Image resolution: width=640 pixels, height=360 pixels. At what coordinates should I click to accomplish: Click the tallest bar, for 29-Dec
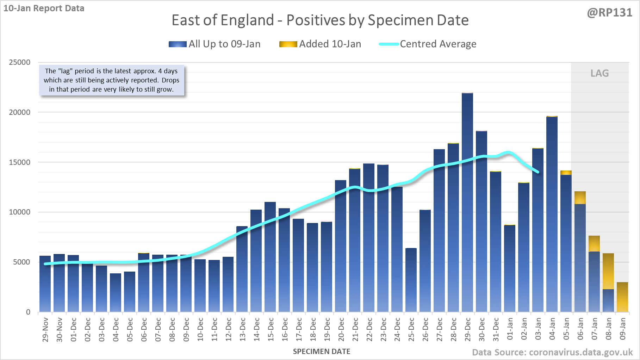(x=467, y=203)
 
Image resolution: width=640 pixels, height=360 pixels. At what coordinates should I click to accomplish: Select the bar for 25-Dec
(x=411, y=280)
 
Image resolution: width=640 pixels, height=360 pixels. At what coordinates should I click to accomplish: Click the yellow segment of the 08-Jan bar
(x=608, y=271)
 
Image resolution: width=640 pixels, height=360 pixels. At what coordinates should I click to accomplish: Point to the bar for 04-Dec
(x=116, y=292)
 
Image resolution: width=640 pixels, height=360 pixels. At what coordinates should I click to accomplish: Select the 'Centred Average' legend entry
(x=428, y=44)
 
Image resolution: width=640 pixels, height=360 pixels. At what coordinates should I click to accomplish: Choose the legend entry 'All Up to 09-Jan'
(x=215, y=44)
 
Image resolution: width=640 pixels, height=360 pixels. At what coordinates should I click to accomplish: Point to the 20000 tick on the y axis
(x=20, y=112)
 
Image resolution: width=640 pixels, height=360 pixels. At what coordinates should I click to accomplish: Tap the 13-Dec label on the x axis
(x=242, y=330)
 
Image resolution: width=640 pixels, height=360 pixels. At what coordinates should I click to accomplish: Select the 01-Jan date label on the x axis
(x=510, y=329)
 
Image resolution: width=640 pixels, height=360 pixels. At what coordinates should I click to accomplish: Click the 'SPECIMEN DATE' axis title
(x=322, y=352)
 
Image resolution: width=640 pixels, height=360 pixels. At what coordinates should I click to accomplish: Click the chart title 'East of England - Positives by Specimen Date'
(x=320, y=20)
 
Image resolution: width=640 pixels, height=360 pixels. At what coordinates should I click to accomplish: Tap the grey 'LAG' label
(x=599, y=73)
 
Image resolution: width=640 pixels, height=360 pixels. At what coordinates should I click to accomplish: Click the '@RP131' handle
(x=609, y=13)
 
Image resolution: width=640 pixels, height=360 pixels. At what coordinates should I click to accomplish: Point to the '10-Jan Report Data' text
(x=44, y=8)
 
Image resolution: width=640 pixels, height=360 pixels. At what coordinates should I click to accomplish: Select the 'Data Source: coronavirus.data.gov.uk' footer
(x=552, y=352)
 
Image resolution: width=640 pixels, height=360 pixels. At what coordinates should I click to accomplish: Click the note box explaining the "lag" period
(x=111, y=80)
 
